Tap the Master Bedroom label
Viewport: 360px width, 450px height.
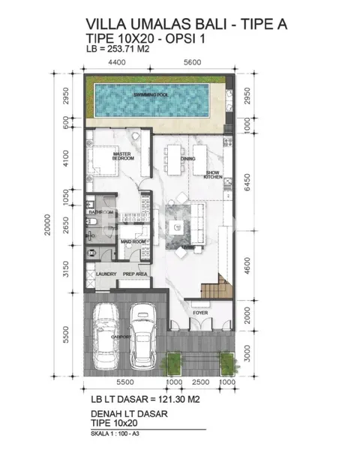pyautogui.click(x=123, y=156)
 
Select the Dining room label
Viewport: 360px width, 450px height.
pyautogui.click(x=187, y=159)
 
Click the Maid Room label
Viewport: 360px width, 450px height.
pyautogui.click(x=133, y=241)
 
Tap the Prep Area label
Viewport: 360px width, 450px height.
pyautogui.click(x=134, y=274)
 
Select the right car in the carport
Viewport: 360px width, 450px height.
pyautogui.click(x=142, y=336)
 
